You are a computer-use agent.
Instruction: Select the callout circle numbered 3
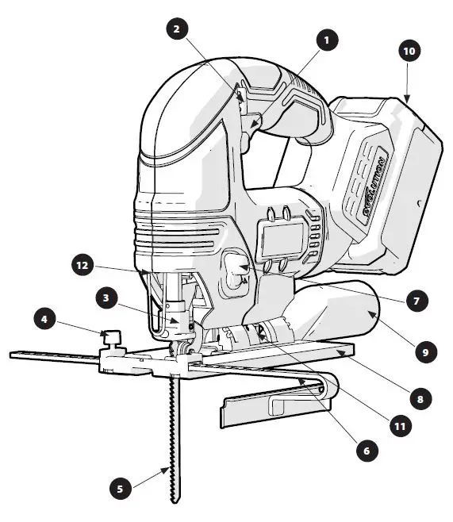(x=106, y=299)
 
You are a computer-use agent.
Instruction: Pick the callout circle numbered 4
(x=45, y=320)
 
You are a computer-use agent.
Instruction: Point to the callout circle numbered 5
(x=120, y=489)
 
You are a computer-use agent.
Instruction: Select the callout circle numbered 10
(x=409, y=52)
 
